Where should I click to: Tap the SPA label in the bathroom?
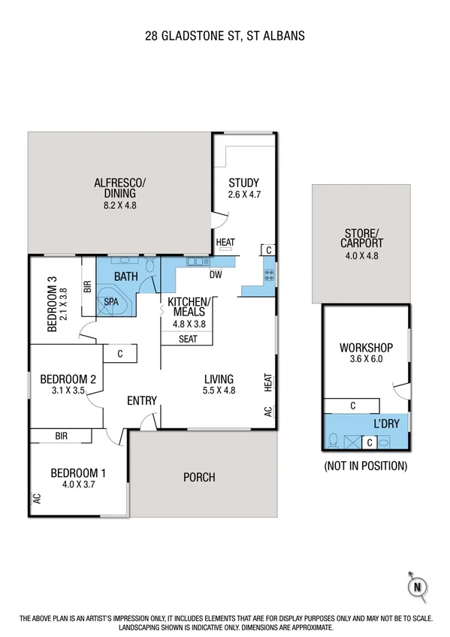(111, 301)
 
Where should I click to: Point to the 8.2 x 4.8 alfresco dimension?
(120, 204)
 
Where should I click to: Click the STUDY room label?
(243, 183)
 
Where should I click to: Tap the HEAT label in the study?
(225, 242)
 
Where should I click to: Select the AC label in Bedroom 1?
(35, 498)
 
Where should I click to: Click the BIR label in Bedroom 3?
(88, 286)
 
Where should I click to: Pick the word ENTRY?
(141, 400)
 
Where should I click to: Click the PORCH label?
(199, 477)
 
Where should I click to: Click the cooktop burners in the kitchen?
(267, 276)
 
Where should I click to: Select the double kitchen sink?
(198, 261)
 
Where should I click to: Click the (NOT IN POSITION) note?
(365, 466)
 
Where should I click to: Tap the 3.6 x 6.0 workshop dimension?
(366, 359)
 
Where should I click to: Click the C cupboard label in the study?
(267, 249)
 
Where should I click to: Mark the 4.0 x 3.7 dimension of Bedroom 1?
(77, 485)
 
